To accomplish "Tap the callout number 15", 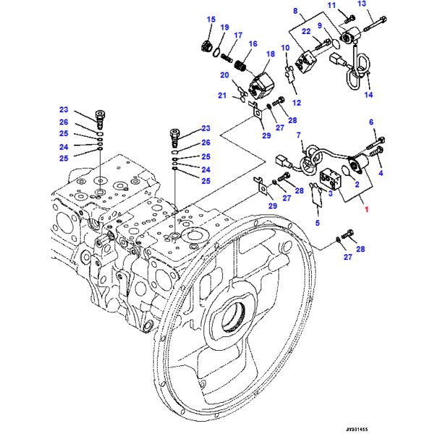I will pyautogui.click(x=211, y=19).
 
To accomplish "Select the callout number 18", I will pyautogui.click(x=271, y=54).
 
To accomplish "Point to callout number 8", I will pyautogui.click(x=296, y=10).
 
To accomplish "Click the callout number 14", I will pyautogui.click(x=367, y=95).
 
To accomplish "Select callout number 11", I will pyautogui.click(x=332, y=6).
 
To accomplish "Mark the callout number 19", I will pyautogui.click(x=225, y=28).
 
